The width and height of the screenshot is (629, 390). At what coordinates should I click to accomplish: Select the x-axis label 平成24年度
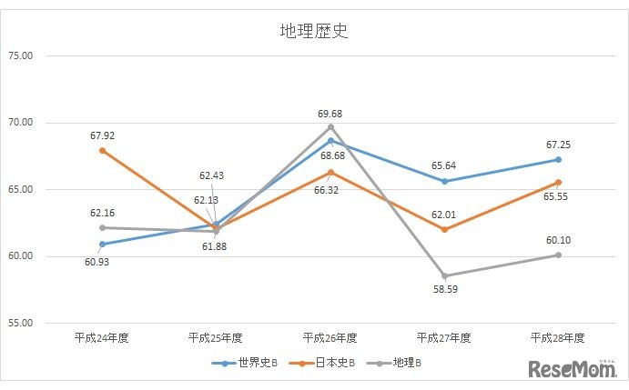click(102, 338)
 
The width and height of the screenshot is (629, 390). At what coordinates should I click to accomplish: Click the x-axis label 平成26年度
click(330, 338)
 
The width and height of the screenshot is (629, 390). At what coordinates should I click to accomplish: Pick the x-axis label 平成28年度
click(558, 338)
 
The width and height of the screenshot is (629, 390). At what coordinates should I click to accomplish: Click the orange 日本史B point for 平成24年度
click(102, 151)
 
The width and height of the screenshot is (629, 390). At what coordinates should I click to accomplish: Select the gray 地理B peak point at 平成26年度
click(330, 127)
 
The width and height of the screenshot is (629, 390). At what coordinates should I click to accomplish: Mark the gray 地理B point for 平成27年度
click(444, 275)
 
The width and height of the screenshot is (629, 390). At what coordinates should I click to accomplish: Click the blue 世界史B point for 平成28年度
click(558, 160)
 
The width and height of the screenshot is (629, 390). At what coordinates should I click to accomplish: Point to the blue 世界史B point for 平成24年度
click(102, 244)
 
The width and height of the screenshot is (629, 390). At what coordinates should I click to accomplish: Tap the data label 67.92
click(102, 135)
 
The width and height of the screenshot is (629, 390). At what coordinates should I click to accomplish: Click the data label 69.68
click(330, 114)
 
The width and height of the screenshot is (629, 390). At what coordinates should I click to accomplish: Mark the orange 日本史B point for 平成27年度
click(444, 229)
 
